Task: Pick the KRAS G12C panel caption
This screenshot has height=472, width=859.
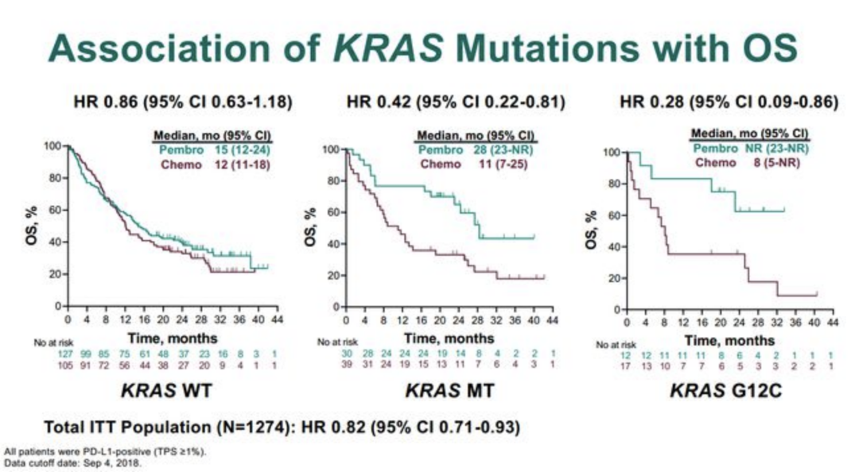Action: (724, 390)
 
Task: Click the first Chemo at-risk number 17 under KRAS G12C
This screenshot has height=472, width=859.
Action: (627, 366)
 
